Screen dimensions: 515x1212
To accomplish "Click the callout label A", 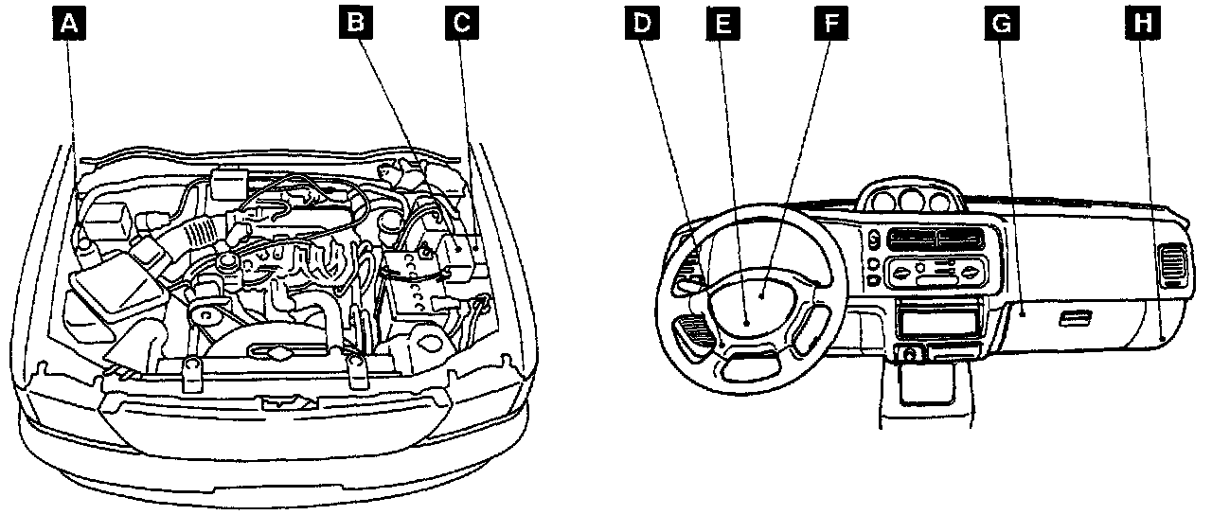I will pyautogui.click(x=67, y=22).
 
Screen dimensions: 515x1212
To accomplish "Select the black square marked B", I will pyautogui.click(x=356, y=22).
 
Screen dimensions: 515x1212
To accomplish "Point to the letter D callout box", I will pyautogui.click(x=643, y=22).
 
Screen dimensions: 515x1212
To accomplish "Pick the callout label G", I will pyautogui.click(x=996, y=22).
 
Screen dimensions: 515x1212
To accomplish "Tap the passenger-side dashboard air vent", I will pyautogui.click(x=1172, y=265).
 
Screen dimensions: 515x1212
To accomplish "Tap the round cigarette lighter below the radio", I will pyautogui.click(x=909, y=355).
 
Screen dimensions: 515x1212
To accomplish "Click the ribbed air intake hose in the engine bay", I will pyautogui.click(x=202, y=230).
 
